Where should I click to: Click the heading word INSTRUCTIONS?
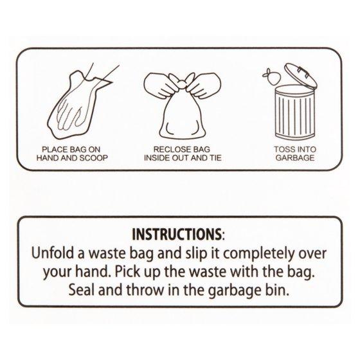point(176,234)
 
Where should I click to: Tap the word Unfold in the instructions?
point(55,253)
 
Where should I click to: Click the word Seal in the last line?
point(82,289)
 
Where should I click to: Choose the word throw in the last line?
point(145,289)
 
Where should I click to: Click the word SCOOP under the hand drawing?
point(93,158)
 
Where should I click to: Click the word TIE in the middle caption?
point(215,157)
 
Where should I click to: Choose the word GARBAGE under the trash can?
point(295,157)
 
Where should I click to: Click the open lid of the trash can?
point(301,75)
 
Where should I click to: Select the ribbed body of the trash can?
point(295,113)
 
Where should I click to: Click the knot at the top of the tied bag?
point(182,82)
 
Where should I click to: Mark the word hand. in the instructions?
point(94,271)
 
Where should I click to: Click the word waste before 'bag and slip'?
point(107,254)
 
